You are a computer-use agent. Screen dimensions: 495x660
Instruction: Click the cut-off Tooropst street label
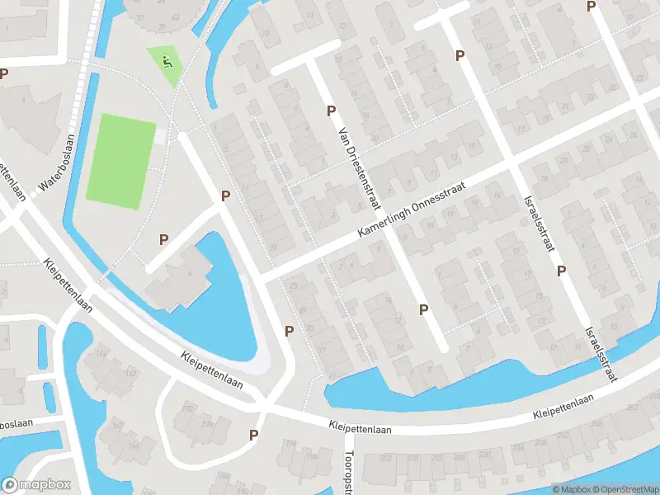coord(348,473)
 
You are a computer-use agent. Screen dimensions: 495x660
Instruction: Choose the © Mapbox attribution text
coord(570,489)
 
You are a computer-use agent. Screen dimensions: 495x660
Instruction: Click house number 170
coord(189,406)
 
